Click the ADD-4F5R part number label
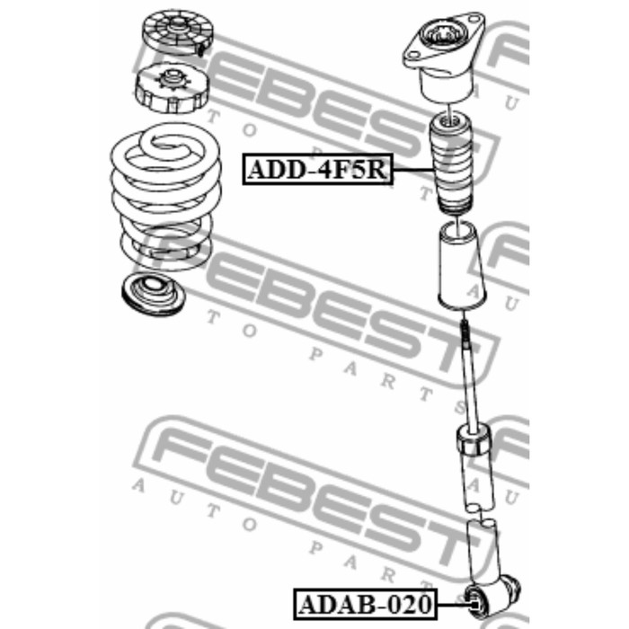[318, 169]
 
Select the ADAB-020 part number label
[365, 604]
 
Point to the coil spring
[165, 197]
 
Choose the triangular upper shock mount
[444, 56]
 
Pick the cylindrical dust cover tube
[461, 266]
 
